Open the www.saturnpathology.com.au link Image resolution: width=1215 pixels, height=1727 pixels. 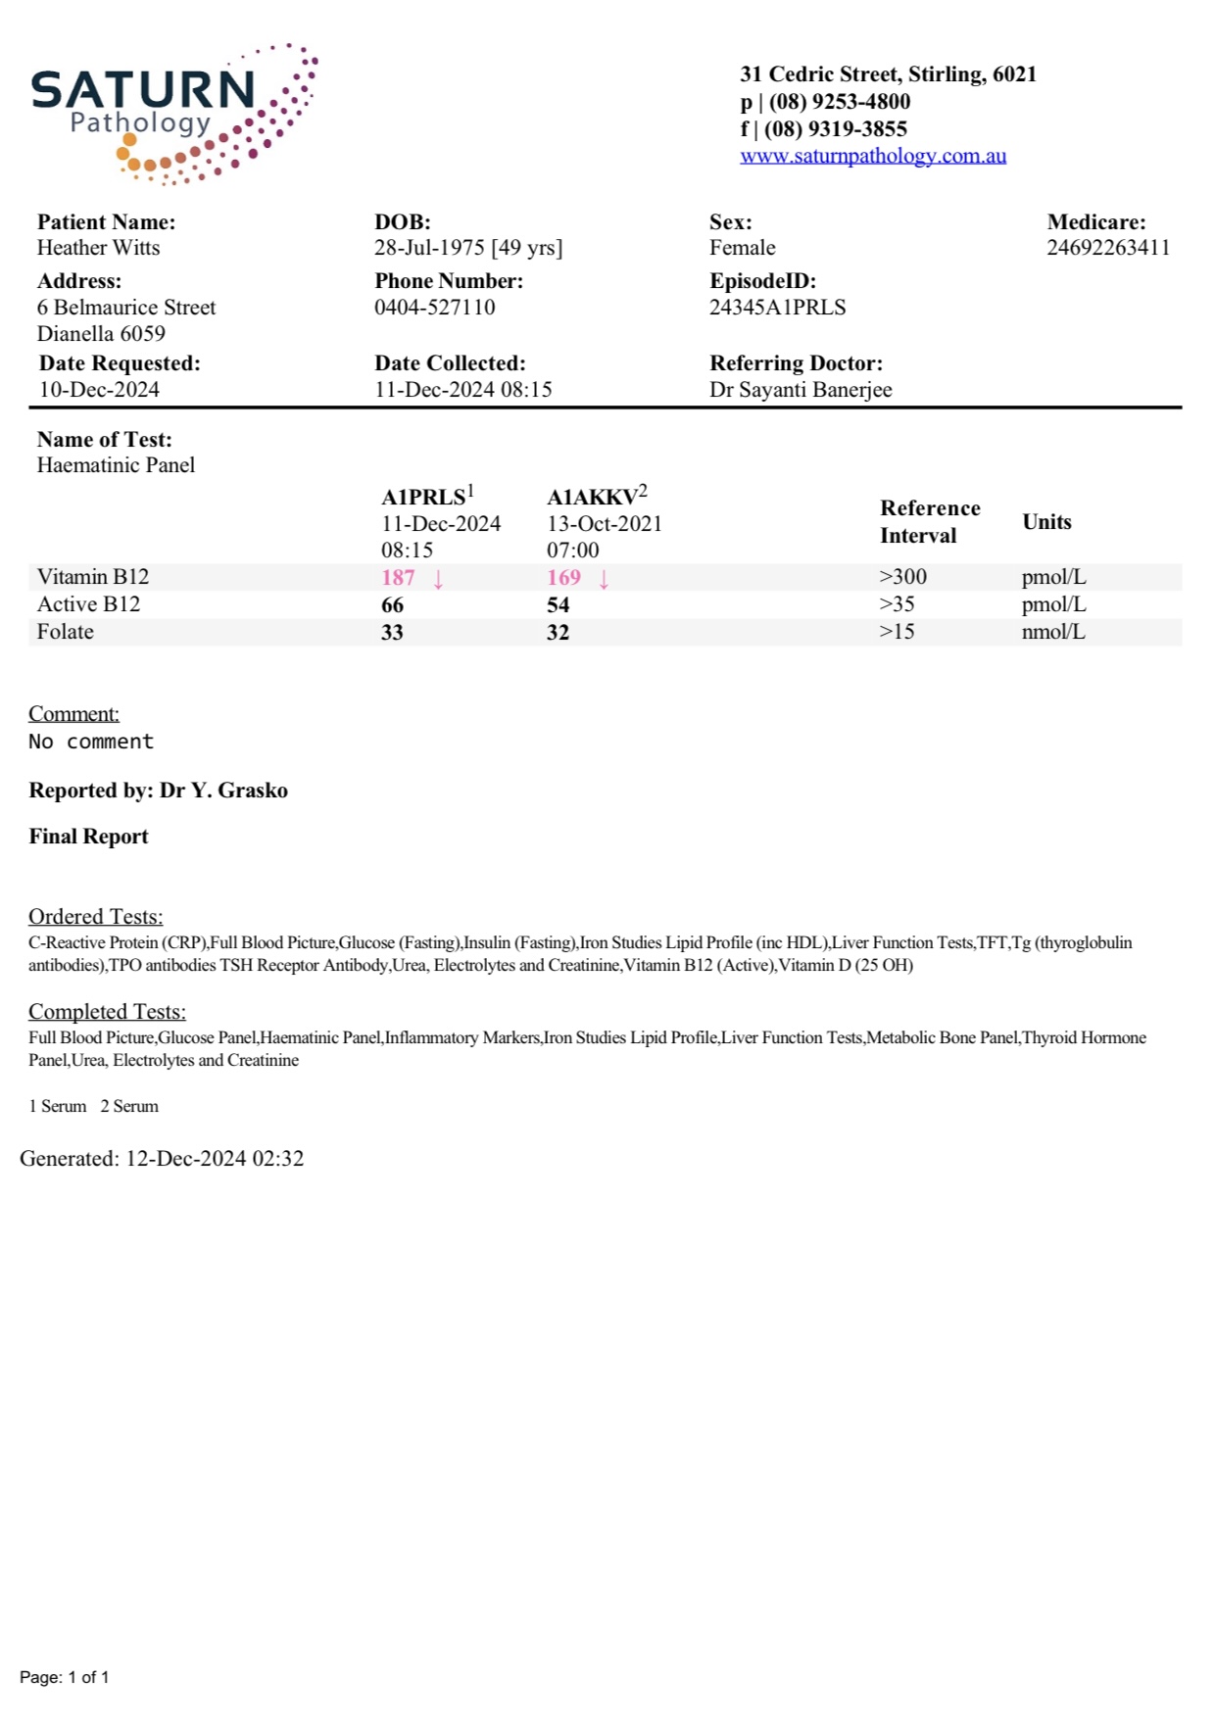pos(872,156)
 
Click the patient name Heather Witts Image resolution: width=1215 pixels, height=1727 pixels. pos(98,248)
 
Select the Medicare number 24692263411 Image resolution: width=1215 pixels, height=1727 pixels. pos(1107,248)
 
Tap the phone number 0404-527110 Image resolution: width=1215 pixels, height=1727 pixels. pos(434,308)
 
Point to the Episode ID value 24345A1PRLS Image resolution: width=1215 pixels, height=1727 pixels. pos(777,308)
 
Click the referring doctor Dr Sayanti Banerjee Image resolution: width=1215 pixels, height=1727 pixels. pos(800,390)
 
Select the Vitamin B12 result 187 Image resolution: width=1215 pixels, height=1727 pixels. pos(398,578)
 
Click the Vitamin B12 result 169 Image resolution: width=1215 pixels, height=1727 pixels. pos(563,578)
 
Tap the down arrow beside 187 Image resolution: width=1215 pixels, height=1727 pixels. pos(438,579)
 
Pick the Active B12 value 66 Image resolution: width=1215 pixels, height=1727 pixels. pos(392,605)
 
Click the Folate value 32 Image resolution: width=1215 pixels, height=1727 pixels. pos(558,633)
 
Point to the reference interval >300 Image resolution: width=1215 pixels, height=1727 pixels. pos(902,577)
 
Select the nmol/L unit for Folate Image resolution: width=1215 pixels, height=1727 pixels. pos(1052,632)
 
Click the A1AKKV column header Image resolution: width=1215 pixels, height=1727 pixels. pos(592,498)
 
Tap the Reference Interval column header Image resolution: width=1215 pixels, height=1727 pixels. pos(929,522)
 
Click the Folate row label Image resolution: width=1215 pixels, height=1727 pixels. pos(66,632)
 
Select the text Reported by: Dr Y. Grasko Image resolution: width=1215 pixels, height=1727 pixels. pos(158,791)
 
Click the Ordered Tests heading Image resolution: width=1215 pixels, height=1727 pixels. pos(95,917)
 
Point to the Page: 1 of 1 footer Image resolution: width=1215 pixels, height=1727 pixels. pos(65,1677)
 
